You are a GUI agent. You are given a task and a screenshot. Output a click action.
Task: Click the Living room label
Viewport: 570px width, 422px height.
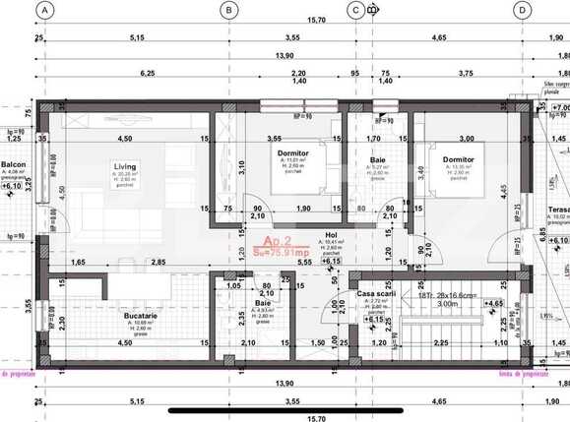[124, 166]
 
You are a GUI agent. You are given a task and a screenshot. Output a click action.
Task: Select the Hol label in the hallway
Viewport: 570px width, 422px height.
[331, 234]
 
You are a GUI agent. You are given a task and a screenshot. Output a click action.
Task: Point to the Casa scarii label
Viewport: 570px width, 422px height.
[376, 294]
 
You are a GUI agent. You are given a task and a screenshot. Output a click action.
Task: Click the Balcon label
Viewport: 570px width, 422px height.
[13, 164]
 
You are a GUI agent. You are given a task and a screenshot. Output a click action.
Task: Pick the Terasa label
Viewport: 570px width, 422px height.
[557, 210]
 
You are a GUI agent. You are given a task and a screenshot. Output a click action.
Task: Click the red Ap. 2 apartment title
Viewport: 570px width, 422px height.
[276, 240]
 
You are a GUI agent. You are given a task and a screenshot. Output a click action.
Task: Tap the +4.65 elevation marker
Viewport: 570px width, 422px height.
[494, 305]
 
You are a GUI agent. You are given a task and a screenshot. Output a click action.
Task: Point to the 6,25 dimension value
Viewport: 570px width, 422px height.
[149, 73]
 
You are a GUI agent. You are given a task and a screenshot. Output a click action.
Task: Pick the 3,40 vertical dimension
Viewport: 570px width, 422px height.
[421, 174]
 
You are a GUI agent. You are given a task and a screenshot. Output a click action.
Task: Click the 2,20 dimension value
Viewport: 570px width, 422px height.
[298, 73]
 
